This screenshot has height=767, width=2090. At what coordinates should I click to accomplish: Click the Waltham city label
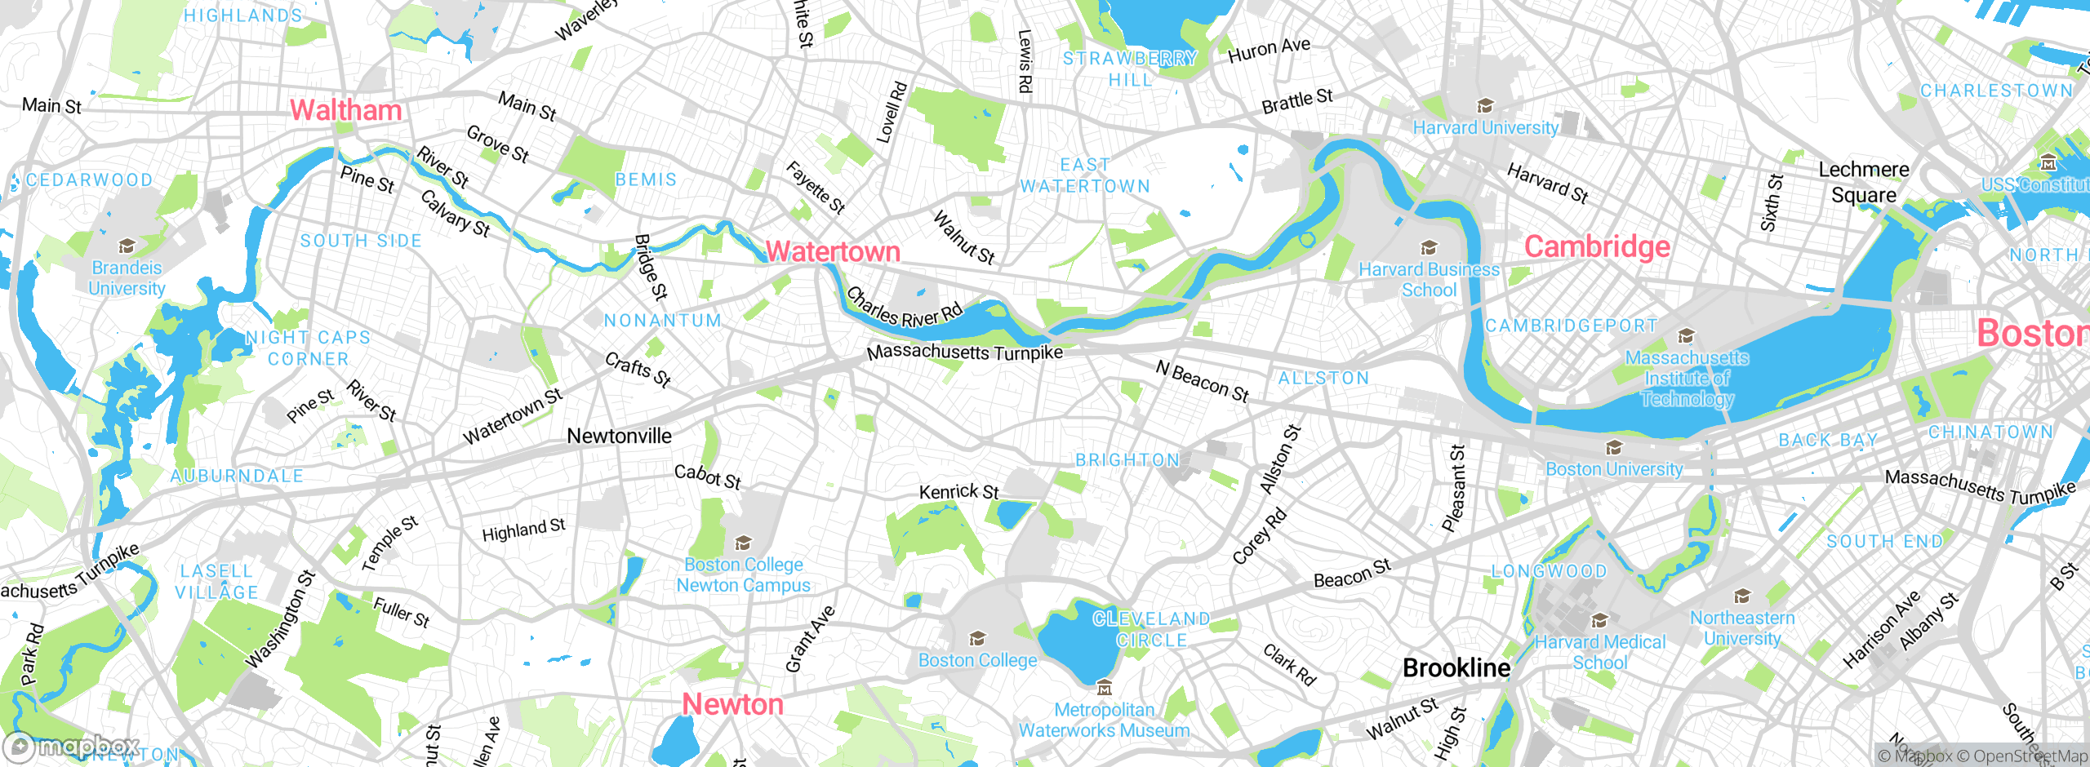coord(346,110)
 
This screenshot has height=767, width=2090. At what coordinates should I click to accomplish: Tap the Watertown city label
coord(833,251)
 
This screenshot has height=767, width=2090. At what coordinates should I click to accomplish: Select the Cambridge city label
coord(1597,246)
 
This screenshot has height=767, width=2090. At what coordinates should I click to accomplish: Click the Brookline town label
coord(1456,668)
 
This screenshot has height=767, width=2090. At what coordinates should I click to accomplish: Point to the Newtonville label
coord(619,437)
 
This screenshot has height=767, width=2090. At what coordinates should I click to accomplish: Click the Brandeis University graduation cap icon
coord(127,246)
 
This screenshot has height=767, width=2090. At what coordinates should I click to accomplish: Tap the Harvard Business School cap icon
coord(1429,248)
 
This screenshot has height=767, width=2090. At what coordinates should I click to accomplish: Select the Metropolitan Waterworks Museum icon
coord(1104,689)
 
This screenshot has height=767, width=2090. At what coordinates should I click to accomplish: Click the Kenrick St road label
coord(958,492)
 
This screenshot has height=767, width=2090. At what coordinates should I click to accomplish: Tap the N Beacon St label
coord(1203,382)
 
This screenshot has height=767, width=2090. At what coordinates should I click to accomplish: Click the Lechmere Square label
coord(1864,182)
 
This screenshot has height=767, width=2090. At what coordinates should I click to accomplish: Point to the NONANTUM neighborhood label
coord(663,321)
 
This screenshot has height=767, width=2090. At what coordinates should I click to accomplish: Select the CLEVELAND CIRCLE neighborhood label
coord(1151,629)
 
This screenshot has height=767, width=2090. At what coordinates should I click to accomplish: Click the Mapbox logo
coord(70,746)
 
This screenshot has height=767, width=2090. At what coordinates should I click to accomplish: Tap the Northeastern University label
coord(1742,628)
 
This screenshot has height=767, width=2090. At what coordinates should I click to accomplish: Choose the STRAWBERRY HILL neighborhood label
coord(1130,69)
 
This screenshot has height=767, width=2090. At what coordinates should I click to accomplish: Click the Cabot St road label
coord(708,477)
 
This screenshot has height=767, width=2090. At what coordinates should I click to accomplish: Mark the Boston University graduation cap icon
coord(1614,448)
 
